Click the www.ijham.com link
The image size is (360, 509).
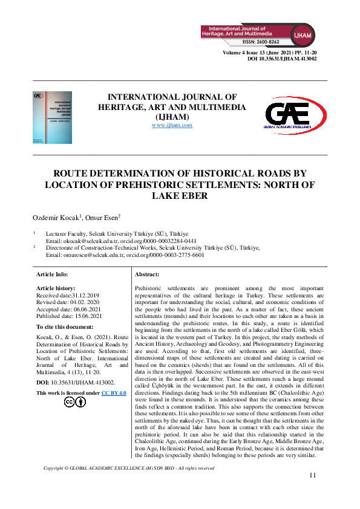click(x=172, y=125)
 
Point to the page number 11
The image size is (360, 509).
click(x=312, y=475)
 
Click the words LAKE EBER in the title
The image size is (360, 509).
click(x=180, y=195)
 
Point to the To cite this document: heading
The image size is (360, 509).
click(x=68, y=326)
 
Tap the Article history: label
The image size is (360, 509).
click(x=57, y=289)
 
